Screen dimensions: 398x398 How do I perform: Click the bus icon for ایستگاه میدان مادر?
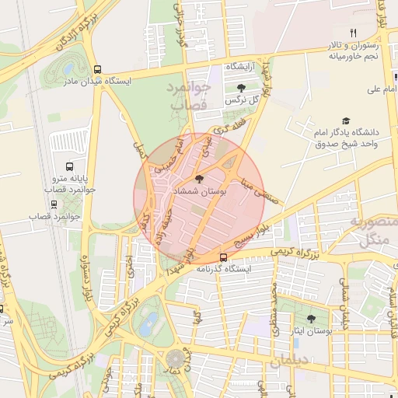click(97, 68)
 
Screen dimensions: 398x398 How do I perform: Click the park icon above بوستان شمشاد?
click(201, 179)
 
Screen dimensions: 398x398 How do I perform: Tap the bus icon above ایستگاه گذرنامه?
click(224, 257)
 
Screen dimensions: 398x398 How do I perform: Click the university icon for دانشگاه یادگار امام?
click(345, 121)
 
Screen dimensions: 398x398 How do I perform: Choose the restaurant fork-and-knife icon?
click(353, 33)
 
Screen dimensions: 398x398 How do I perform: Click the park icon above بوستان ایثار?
click(312, 318)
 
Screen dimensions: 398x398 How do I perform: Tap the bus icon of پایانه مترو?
click(70, 166)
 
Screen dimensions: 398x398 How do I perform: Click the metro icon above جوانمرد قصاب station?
click(54, 204)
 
